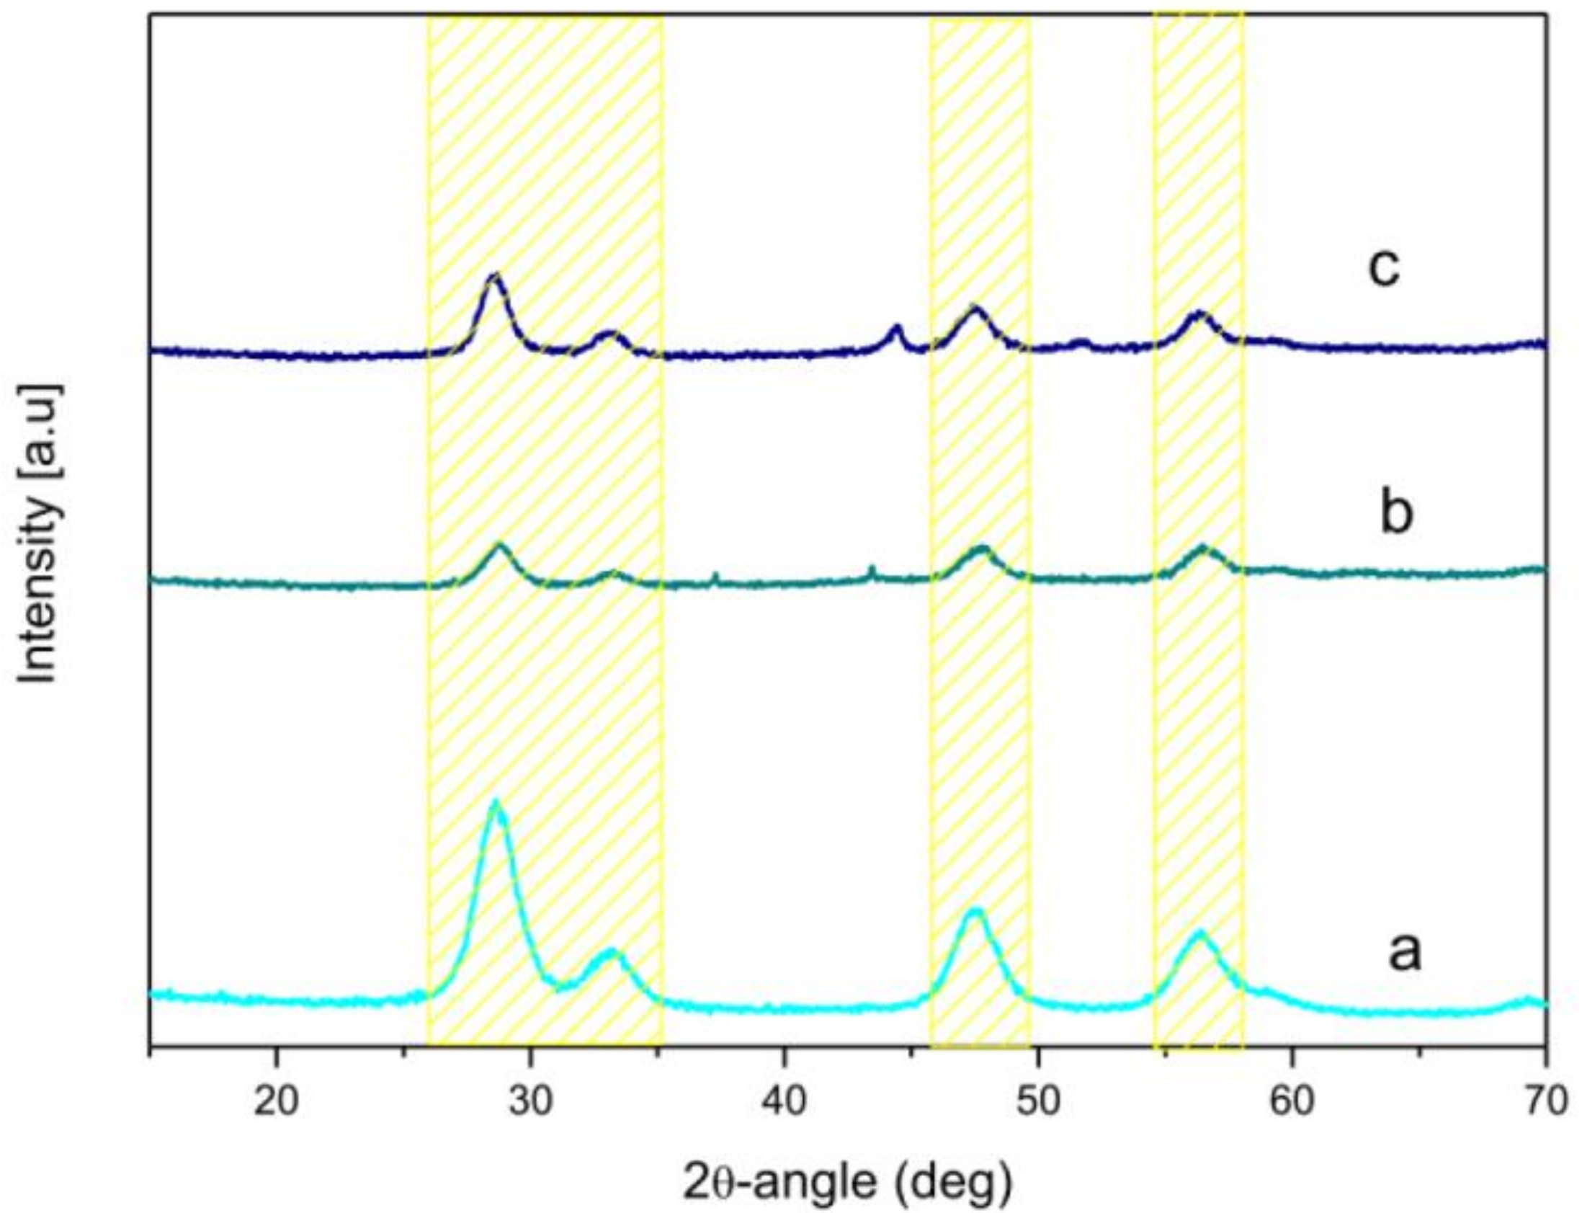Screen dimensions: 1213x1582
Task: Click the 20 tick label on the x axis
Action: (275, 1102)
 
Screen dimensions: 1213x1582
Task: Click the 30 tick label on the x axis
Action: (530, 1102)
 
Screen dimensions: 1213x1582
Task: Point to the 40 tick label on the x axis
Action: (785, 1102)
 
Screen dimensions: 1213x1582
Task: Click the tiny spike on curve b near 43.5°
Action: (872, 567)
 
